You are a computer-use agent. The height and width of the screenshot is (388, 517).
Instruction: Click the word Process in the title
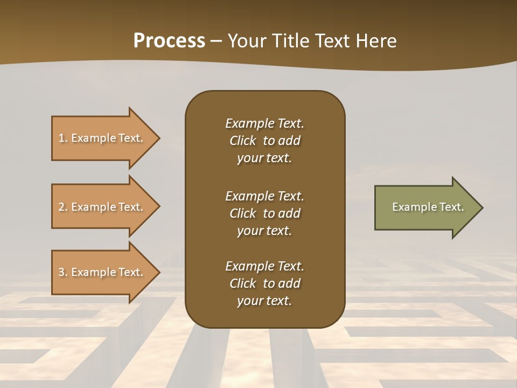click(169, 41)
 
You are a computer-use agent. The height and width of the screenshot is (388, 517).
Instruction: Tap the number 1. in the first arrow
click(63, 138)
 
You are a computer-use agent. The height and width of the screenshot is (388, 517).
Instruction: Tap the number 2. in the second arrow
click(63, 207)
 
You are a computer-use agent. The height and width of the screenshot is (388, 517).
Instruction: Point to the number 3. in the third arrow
click(63, 272)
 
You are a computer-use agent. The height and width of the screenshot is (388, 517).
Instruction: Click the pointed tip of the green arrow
click(480, 207)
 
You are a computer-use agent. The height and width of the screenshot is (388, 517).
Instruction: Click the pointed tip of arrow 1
click(158, 138)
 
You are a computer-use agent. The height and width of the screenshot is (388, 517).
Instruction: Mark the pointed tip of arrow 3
click(158, 272)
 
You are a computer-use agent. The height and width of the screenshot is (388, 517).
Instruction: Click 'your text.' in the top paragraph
click(264, 158)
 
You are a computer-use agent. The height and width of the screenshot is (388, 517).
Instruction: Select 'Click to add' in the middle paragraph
click(264, 213)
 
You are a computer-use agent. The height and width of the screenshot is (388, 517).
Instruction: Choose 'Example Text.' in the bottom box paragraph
click(264, 266)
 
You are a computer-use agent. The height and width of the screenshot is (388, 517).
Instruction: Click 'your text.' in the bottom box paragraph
click(264, 301)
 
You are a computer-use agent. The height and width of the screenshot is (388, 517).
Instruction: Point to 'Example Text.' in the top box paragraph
click(264, 123)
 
